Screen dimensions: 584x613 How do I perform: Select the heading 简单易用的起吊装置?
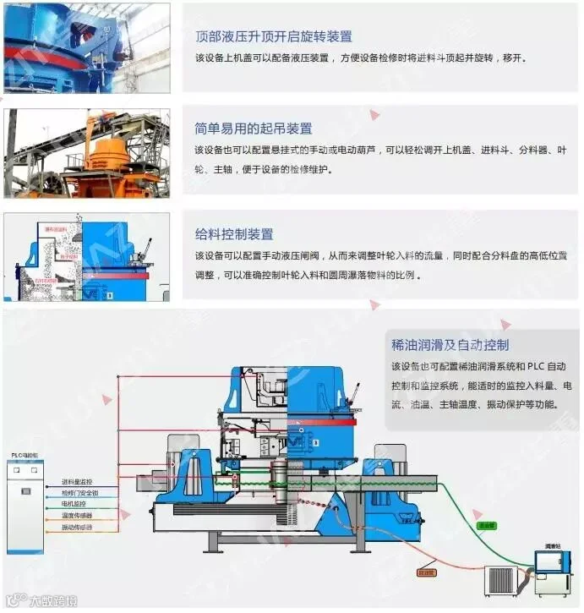253,129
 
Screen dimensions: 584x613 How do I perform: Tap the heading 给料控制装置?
234,234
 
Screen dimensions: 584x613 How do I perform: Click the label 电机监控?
74,504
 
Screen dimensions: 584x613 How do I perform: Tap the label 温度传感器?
77,516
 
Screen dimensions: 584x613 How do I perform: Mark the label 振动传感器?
77,528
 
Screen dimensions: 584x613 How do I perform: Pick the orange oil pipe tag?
427,573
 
